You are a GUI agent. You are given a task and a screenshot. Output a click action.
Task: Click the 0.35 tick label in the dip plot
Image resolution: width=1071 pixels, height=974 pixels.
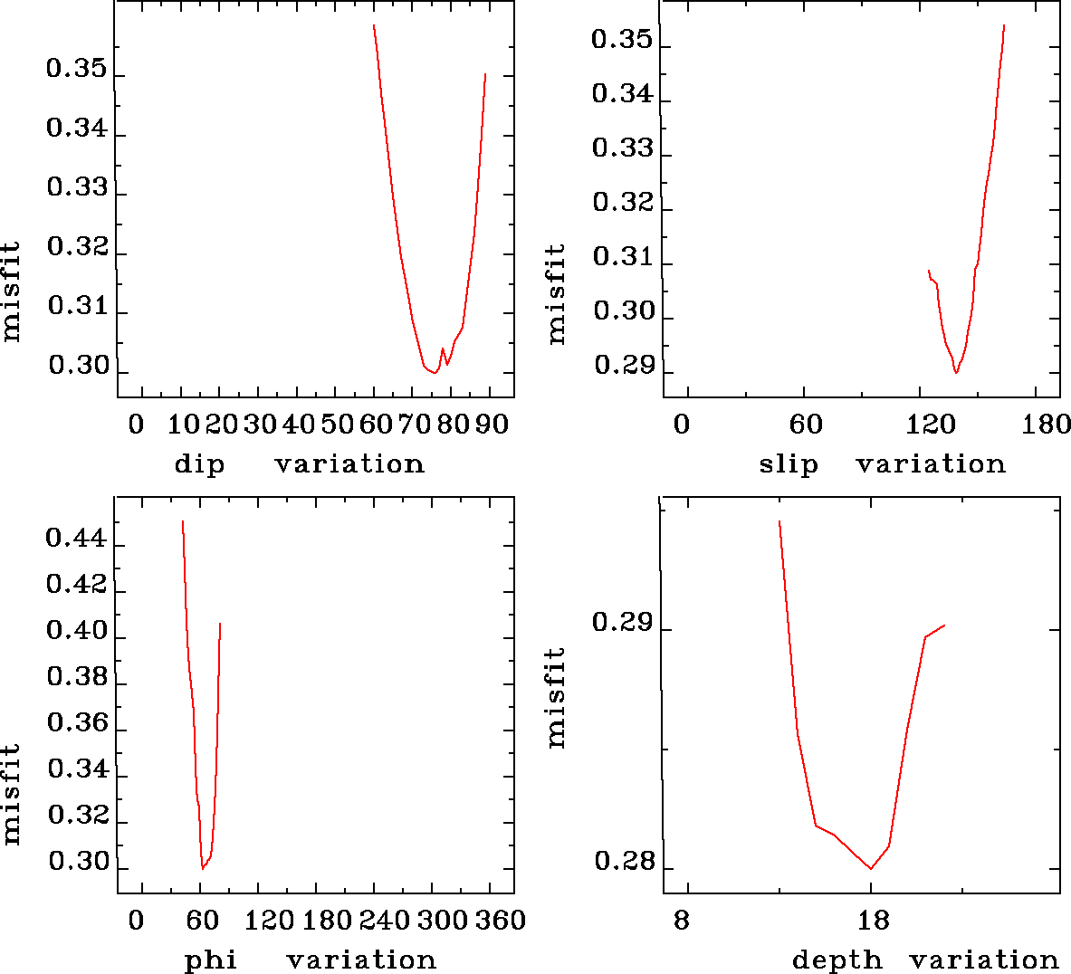click(x=76, y=71)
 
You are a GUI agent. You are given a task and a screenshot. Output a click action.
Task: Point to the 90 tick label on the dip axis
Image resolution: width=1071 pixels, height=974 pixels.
click(x=492, y=425)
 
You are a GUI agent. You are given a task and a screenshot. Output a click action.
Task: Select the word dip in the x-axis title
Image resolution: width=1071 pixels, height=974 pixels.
click(x=199, y=464)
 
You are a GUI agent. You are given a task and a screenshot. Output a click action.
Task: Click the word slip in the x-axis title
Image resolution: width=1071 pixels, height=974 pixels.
click(x=788, y=464)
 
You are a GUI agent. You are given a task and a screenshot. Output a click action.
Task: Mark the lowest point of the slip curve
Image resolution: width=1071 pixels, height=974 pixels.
click(x=956, y=373)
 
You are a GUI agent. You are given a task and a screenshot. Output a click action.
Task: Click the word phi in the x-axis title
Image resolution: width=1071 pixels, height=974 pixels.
click(x=211, y=960)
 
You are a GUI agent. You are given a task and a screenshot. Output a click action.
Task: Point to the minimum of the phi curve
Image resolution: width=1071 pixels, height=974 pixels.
click(x=203, y=869)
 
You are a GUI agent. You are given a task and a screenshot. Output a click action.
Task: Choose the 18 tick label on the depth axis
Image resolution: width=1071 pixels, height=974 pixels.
click(x=871, y=921)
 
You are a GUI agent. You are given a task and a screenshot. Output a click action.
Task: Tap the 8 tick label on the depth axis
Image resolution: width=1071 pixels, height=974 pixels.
click(x=681, y=921)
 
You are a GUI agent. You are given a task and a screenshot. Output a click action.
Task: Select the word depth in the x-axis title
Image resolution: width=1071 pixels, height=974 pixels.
click(x=837, y=960)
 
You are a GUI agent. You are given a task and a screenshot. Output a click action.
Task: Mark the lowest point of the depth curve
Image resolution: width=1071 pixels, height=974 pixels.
click(x=871, y=869)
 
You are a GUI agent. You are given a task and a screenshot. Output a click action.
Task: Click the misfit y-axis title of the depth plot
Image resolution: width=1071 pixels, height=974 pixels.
click(x=556, y=697)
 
